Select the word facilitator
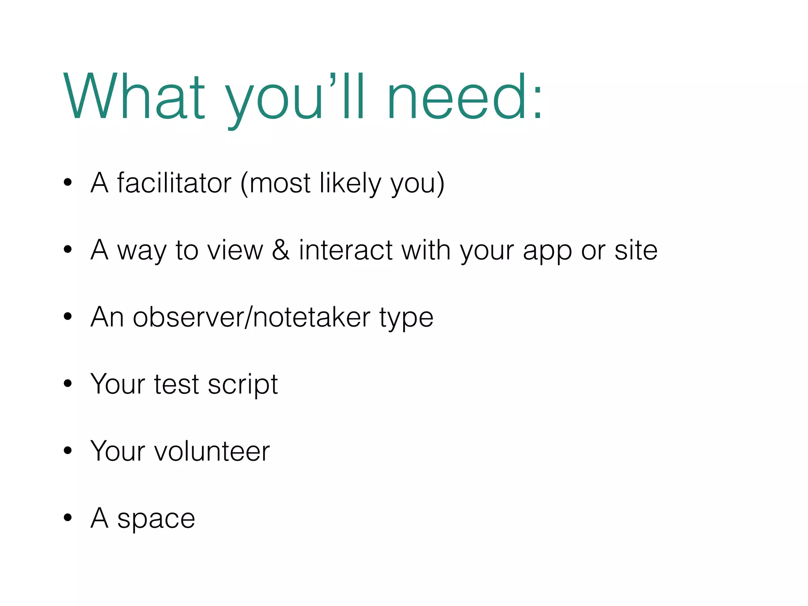[x=174, y=183]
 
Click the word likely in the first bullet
[x=351, y=184]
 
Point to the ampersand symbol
[x=281, y=250]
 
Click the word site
[x=636, y=250]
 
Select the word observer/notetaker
[x=252, y=317]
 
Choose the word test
[x=176, y=384]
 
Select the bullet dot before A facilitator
[x=68, y=182]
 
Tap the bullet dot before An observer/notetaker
[x=68, y=316]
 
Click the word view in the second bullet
[x=235, y=250]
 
